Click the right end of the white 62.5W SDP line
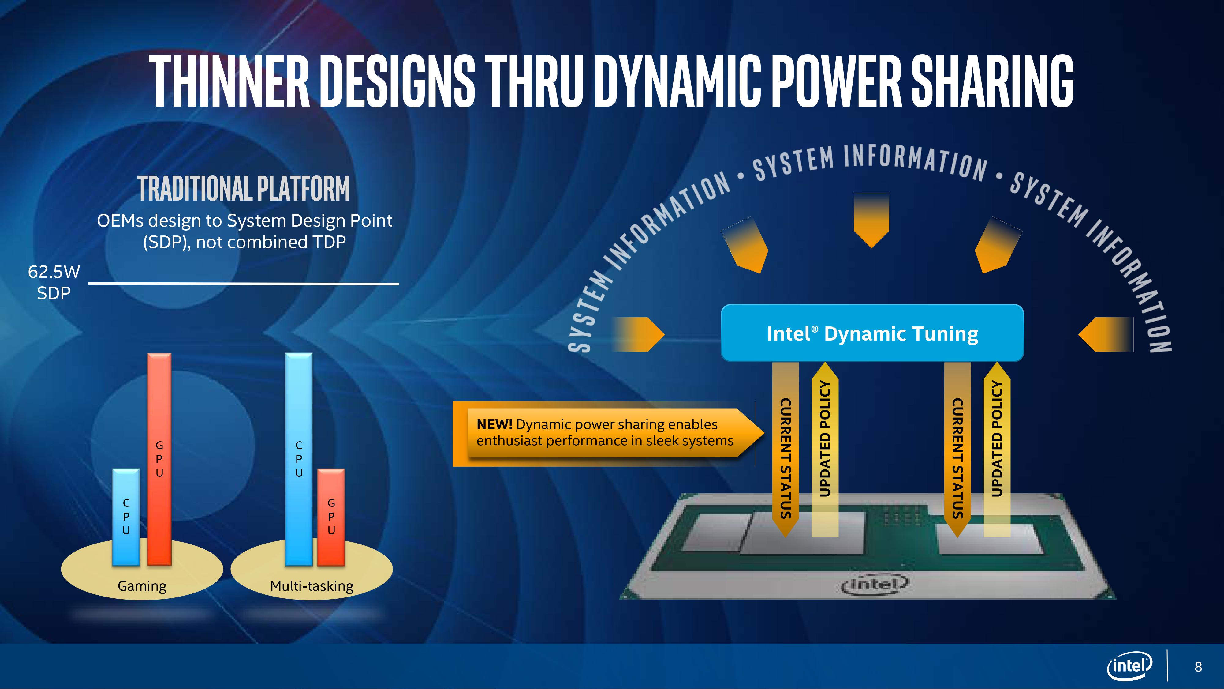[399, 284]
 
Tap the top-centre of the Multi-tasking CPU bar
[299, 353]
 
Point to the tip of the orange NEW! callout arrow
[764, 433]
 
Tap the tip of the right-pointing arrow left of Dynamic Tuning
[664, 334]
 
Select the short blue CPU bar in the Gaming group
[126, 517]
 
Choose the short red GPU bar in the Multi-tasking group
[331, 517]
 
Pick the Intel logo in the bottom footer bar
[1130, 666]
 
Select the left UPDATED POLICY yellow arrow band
[825, 449]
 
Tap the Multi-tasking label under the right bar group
[312, 586]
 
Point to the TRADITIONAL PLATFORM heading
[244, 188]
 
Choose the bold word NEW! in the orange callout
[494, 424]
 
